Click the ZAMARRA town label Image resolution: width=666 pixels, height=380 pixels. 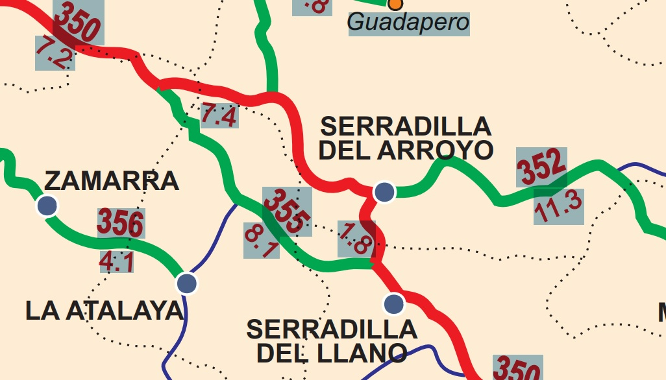coord(111,181)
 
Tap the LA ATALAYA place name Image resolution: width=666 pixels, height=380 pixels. coord(105,311)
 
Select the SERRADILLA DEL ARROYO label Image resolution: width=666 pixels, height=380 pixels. coord(406,137)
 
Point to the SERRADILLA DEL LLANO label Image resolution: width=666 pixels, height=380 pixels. coord(332,341)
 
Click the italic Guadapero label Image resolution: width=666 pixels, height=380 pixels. coord(408,23)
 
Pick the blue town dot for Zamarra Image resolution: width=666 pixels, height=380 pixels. coord(47,205)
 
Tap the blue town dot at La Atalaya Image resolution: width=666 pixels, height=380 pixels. coord(186,283)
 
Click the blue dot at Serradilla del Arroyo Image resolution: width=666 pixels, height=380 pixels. coord(384,191)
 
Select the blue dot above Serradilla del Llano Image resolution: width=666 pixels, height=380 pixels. coord(393,303)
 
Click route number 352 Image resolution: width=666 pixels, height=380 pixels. coord(541,167)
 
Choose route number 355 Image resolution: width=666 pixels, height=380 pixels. coord(286,211)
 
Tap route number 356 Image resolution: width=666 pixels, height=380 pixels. coord(120,223)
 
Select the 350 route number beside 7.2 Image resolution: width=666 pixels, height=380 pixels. coord(78,23)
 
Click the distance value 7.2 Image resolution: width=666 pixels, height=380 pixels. coord(54,53)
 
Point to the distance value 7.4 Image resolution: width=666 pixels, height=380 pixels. coord(219,115)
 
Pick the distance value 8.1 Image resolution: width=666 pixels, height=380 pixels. coord(262,241)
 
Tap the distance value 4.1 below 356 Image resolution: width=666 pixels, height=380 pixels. coord(117,261)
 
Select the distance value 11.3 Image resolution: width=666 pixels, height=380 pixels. coord(558,207)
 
